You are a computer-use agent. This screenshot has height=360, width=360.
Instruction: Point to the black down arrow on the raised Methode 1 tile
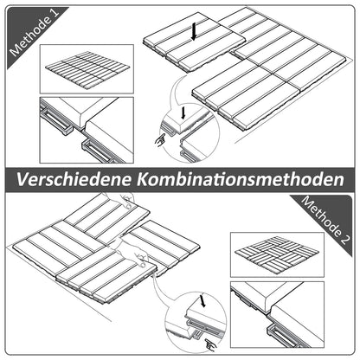coord(196,32)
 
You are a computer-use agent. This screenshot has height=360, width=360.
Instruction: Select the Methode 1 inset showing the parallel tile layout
coord(85,68)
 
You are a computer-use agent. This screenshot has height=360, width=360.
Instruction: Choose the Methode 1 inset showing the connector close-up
coord(85,129)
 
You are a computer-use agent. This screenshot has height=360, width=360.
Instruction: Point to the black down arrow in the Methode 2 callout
coord(202,303)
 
